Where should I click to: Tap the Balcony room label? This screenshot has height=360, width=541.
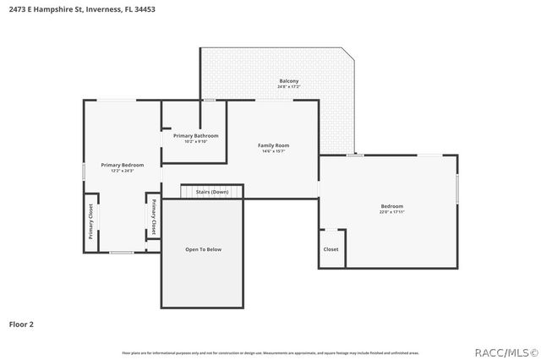pos(289,81)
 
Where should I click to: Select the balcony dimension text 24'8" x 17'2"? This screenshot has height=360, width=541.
pos(289,87)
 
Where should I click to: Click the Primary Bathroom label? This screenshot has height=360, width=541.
pos(196,135)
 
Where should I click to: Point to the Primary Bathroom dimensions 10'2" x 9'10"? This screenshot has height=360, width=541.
pos(196,141)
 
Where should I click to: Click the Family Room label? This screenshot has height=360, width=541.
pos(274,145)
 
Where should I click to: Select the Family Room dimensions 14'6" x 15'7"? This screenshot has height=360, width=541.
pos(274,151)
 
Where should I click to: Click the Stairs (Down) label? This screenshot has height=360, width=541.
pos(212,192)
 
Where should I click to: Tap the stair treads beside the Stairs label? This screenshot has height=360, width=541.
pos(188,192)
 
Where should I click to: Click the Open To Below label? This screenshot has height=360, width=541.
pos(203,249)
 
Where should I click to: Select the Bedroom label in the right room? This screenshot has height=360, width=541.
pos(391,206)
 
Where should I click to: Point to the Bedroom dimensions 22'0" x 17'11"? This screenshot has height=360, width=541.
pos(391,212)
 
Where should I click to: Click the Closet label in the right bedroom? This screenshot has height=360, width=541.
pos(331,249)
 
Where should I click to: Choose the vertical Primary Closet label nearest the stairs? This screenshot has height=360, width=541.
pos(154,218)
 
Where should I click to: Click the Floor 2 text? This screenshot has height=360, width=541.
pos(22,324)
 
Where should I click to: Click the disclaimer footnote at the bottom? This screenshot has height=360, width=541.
pos(270,352)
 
